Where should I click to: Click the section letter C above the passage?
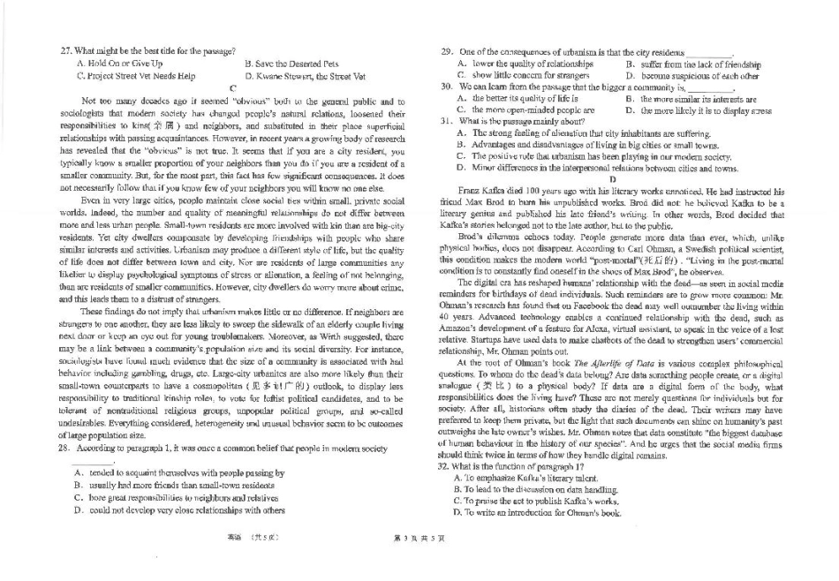[231, 88]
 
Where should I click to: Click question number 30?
[447, 87]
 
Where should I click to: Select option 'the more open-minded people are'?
[520, 110]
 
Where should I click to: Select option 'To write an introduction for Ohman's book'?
[542, 512]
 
